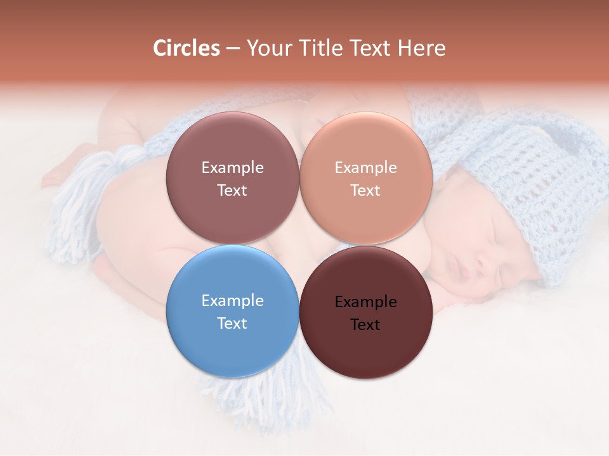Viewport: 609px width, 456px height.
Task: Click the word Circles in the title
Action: click(x=186, y=48)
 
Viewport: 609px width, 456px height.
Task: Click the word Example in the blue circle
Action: click(x=232, y=300)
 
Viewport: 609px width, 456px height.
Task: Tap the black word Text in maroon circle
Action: click(x=365, y=324)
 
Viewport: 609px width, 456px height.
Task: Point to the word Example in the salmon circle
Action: click(x=365, y=167)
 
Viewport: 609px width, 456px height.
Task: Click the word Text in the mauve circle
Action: click(x=232, y=190)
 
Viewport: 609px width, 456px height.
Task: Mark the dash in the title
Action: click(x=233, y=49)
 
